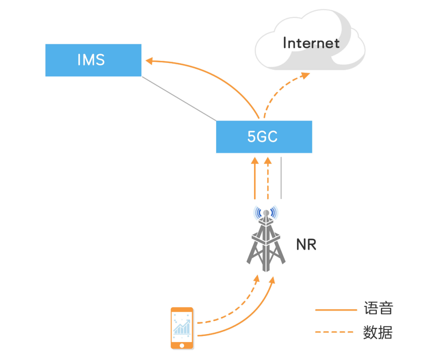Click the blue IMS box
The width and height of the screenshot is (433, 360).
coord(93,60)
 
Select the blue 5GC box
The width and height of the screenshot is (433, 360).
coord(264,137)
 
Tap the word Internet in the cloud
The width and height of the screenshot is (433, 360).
coord(311,43)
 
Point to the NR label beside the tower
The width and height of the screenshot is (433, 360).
coord(306,245)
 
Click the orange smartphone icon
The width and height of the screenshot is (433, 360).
coord(182,328)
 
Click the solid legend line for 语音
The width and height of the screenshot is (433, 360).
coord(336,310)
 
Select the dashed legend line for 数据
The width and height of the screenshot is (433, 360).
coord(336,332)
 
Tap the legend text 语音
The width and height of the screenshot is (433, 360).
coord(378,309)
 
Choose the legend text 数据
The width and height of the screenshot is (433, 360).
coord(378,332)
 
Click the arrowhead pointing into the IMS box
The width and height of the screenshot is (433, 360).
coord(149,61)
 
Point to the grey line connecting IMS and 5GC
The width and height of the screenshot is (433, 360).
coord(179,99)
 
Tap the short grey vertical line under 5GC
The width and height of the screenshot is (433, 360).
coord(281,178)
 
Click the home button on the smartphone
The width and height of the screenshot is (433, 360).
coord(182,345)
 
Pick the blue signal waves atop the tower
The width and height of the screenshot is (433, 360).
coord(265,212)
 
